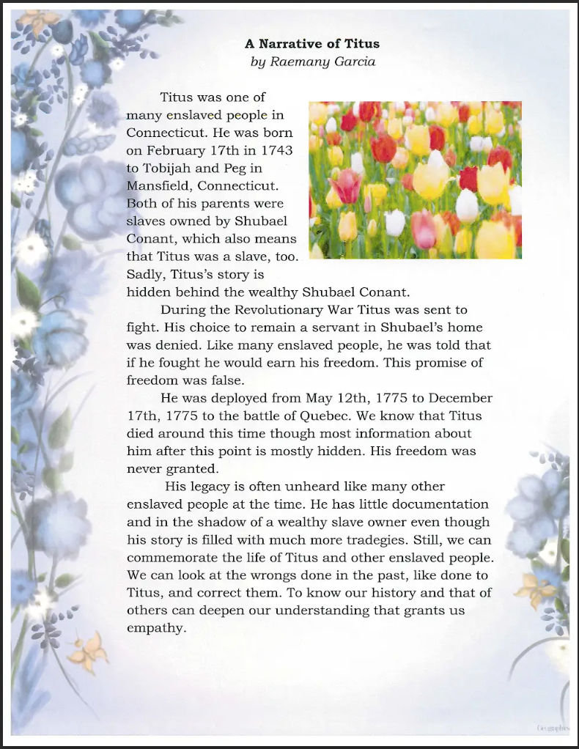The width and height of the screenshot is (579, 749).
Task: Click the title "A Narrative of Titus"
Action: coord(312,44)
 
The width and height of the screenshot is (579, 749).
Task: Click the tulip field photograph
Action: coord(415,180)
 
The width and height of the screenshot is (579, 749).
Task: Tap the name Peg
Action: coord(239,168)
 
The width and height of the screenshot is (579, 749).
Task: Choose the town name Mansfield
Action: coord(157,185)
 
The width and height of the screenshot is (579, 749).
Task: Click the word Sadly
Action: coord(144,273)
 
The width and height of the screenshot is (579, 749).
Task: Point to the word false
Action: coord(226,380)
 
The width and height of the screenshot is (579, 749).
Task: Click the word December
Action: coord(460,398)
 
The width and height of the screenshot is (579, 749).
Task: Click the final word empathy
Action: coord(156,627)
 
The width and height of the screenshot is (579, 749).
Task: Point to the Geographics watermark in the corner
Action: coord(553,727)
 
